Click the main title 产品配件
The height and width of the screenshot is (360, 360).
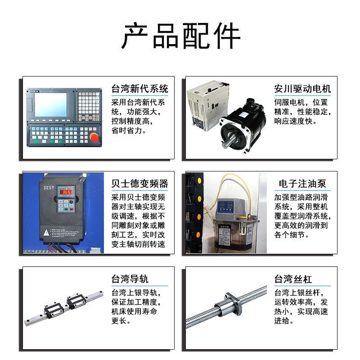pyautogui.click(x=181, y=36)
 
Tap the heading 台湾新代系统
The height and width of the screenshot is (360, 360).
pyautogui.click(x=139, y=89)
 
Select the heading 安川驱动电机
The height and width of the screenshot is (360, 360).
pyautogui.click(x=302, y=89)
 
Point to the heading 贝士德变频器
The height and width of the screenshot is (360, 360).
pyautogui.click(x=139, y=184)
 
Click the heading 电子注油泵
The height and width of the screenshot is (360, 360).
pyautogui.click(x=302, y=184)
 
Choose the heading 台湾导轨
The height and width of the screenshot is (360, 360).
pyautogui.click(x=130, y=279)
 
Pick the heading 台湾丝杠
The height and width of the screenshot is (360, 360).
pyautogui.click(x=293, y=279)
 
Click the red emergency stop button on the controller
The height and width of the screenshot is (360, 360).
pyautogui.click(x=94, y=137)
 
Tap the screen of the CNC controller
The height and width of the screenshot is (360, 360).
pyautogui.click(x=50, y=105)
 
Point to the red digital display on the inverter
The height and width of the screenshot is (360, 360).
pyautogui.click(x=66, y=192)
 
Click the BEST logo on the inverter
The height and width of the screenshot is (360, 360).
pyautogui.click(x=49, y=188)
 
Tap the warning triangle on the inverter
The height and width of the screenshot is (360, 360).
pyautogui.click(x=46, y=233)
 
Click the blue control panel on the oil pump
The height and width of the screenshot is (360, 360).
pyautogui.click(x=226, y=206)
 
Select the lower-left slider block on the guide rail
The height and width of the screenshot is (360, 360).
pyautogui.click(x=54, y=309)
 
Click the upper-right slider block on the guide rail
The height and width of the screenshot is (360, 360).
pyautogui.click(x=76, y=300)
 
